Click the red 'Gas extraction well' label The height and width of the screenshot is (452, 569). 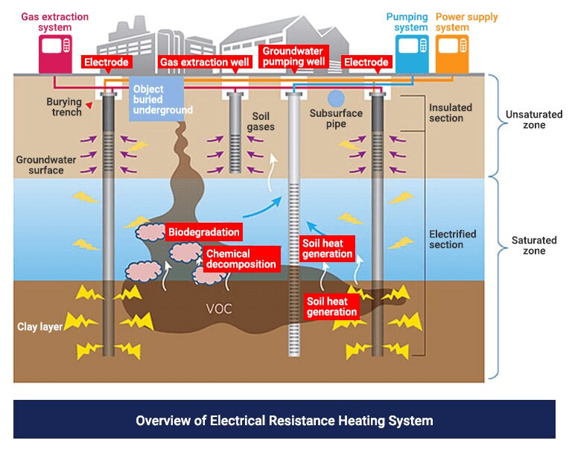pyautogui.click(x=205, y=63)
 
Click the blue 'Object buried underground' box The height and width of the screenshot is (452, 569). pyautogui.click(x=162, y=99)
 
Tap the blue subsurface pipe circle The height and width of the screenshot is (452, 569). pyautogui.click(x=337, y=98)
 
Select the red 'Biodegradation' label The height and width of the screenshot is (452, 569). pyautogui.click(x=203, y=232)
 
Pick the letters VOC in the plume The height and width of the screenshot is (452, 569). pyautogui.click(x=218, y=308)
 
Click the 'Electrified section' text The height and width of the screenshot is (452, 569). pyautogui.click(x=452, y=239)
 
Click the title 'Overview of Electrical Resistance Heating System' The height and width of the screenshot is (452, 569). pyautogui.click(x=284, y=420)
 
